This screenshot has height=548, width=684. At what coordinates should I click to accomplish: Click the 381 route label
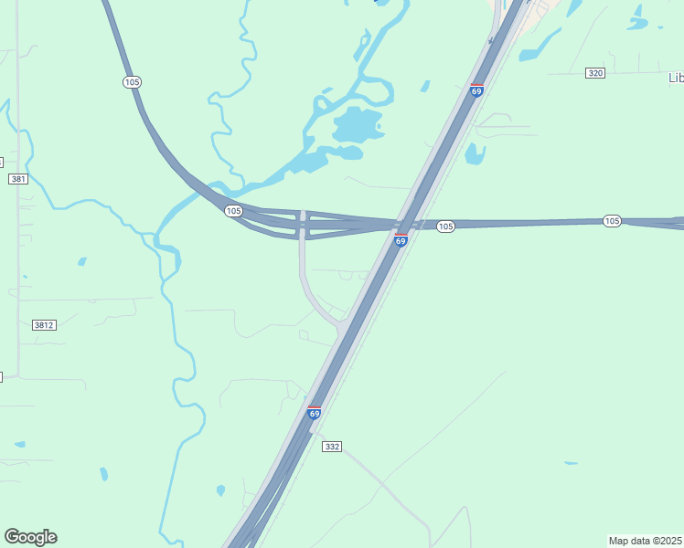(x=18, y=179)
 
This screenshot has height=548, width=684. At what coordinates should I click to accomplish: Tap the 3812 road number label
(x=43, y=325)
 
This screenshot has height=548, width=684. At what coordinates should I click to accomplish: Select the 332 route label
(x=332, y=446)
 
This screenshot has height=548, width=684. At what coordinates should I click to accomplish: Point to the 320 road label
(x=595, y=73)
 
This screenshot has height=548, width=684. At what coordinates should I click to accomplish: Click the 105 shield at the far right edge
(x=612, y=221)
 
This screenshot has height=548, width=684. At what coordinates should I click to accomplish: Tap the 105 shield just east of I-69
(x=445, y=227)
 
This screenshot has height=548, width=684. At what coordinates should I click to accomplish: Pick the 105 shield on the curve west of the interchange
(x=233, y=211)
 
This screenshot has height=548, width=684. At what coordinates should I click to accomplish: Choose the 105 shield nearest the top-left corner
(x=133, y=82)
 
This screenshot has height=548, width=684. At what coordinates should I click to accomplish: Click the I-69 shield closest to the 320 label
(x=476, y=90)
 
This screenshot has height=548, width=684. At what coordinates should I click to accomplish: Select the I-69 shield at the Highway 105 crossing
(x=401, y=240)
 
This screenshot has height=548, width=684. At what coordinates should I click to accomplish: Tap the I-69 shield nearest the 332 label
(x=315, y=413)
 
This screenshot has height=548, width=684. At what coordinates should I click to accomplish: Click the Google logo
(x=30, y=537)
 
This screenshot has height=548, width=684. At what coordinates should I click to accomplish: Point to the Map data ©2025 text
(x=645, y=540)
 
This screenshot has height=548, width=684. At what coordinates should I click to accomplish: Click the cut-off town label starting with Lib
(x=676, y=78)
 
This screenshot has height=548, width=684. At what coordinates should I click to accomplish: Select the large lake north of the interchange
(x=357, y=124)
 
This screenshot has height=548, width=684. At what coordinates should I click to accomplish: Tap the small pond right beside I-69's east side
(x=475, y=153)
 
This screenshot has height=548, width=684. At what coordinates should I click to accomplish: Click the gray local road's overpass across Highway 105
(x=302, y=223)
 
